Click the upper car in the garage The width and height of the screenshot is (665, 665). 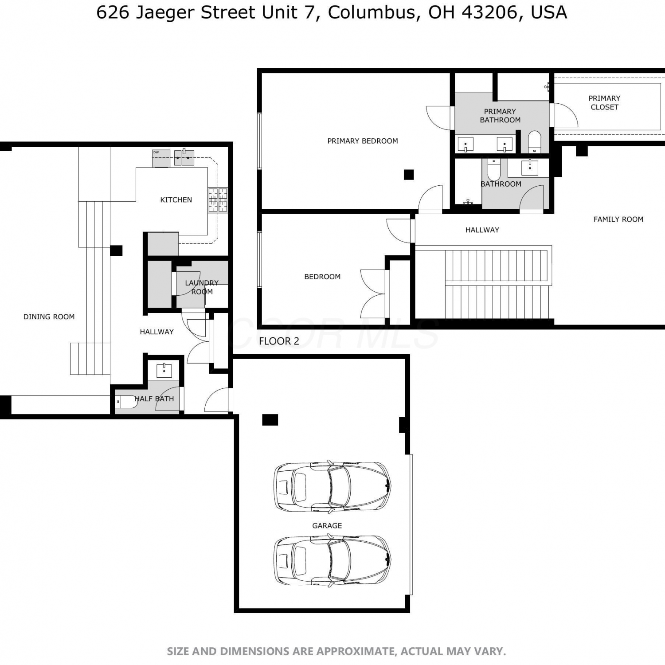tap(332, 486)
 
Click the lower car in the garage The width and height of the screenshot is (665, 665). tap(332, 561)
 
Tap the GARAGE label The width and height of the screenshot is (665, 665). tap(327, 526)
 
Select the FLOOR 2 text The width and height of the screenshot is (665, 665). tap(279, 341)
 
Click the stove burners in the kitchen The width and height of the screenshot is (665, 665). tap(218, 199)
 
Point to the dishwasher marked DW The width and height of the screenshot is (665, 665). tap(161, 158)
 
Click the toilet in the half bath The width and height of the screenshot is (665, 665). tap(127, 402)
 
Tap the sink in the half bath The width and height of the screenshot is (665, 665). tap(164, 370)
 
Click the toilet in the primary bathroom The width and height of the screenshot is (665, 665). tap(535, 141)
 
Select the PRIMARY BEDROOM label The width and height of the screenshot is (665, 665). tap(363, 141)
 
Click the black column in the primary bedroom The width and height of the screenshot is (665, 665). tap(409, 175)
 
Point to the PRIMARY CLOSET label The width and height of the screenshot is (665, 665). tap(604, 102)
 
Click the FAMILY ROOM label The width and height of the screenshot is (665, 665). tap(618, 219)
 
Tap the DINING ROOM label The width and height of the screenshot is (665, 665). tap(49, 317)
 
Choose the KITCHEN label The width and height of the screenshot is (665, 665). tap(176, 200)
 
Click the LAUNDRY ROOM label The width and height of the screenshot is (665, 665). tap(202, 287)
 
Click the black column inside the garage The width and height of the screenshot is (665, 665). tap(270, 420)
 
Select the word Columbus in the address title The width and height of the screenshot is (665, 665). tap(372, 12)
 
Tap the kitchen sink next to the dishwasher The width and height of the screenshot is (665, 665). tap(184, 157)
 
